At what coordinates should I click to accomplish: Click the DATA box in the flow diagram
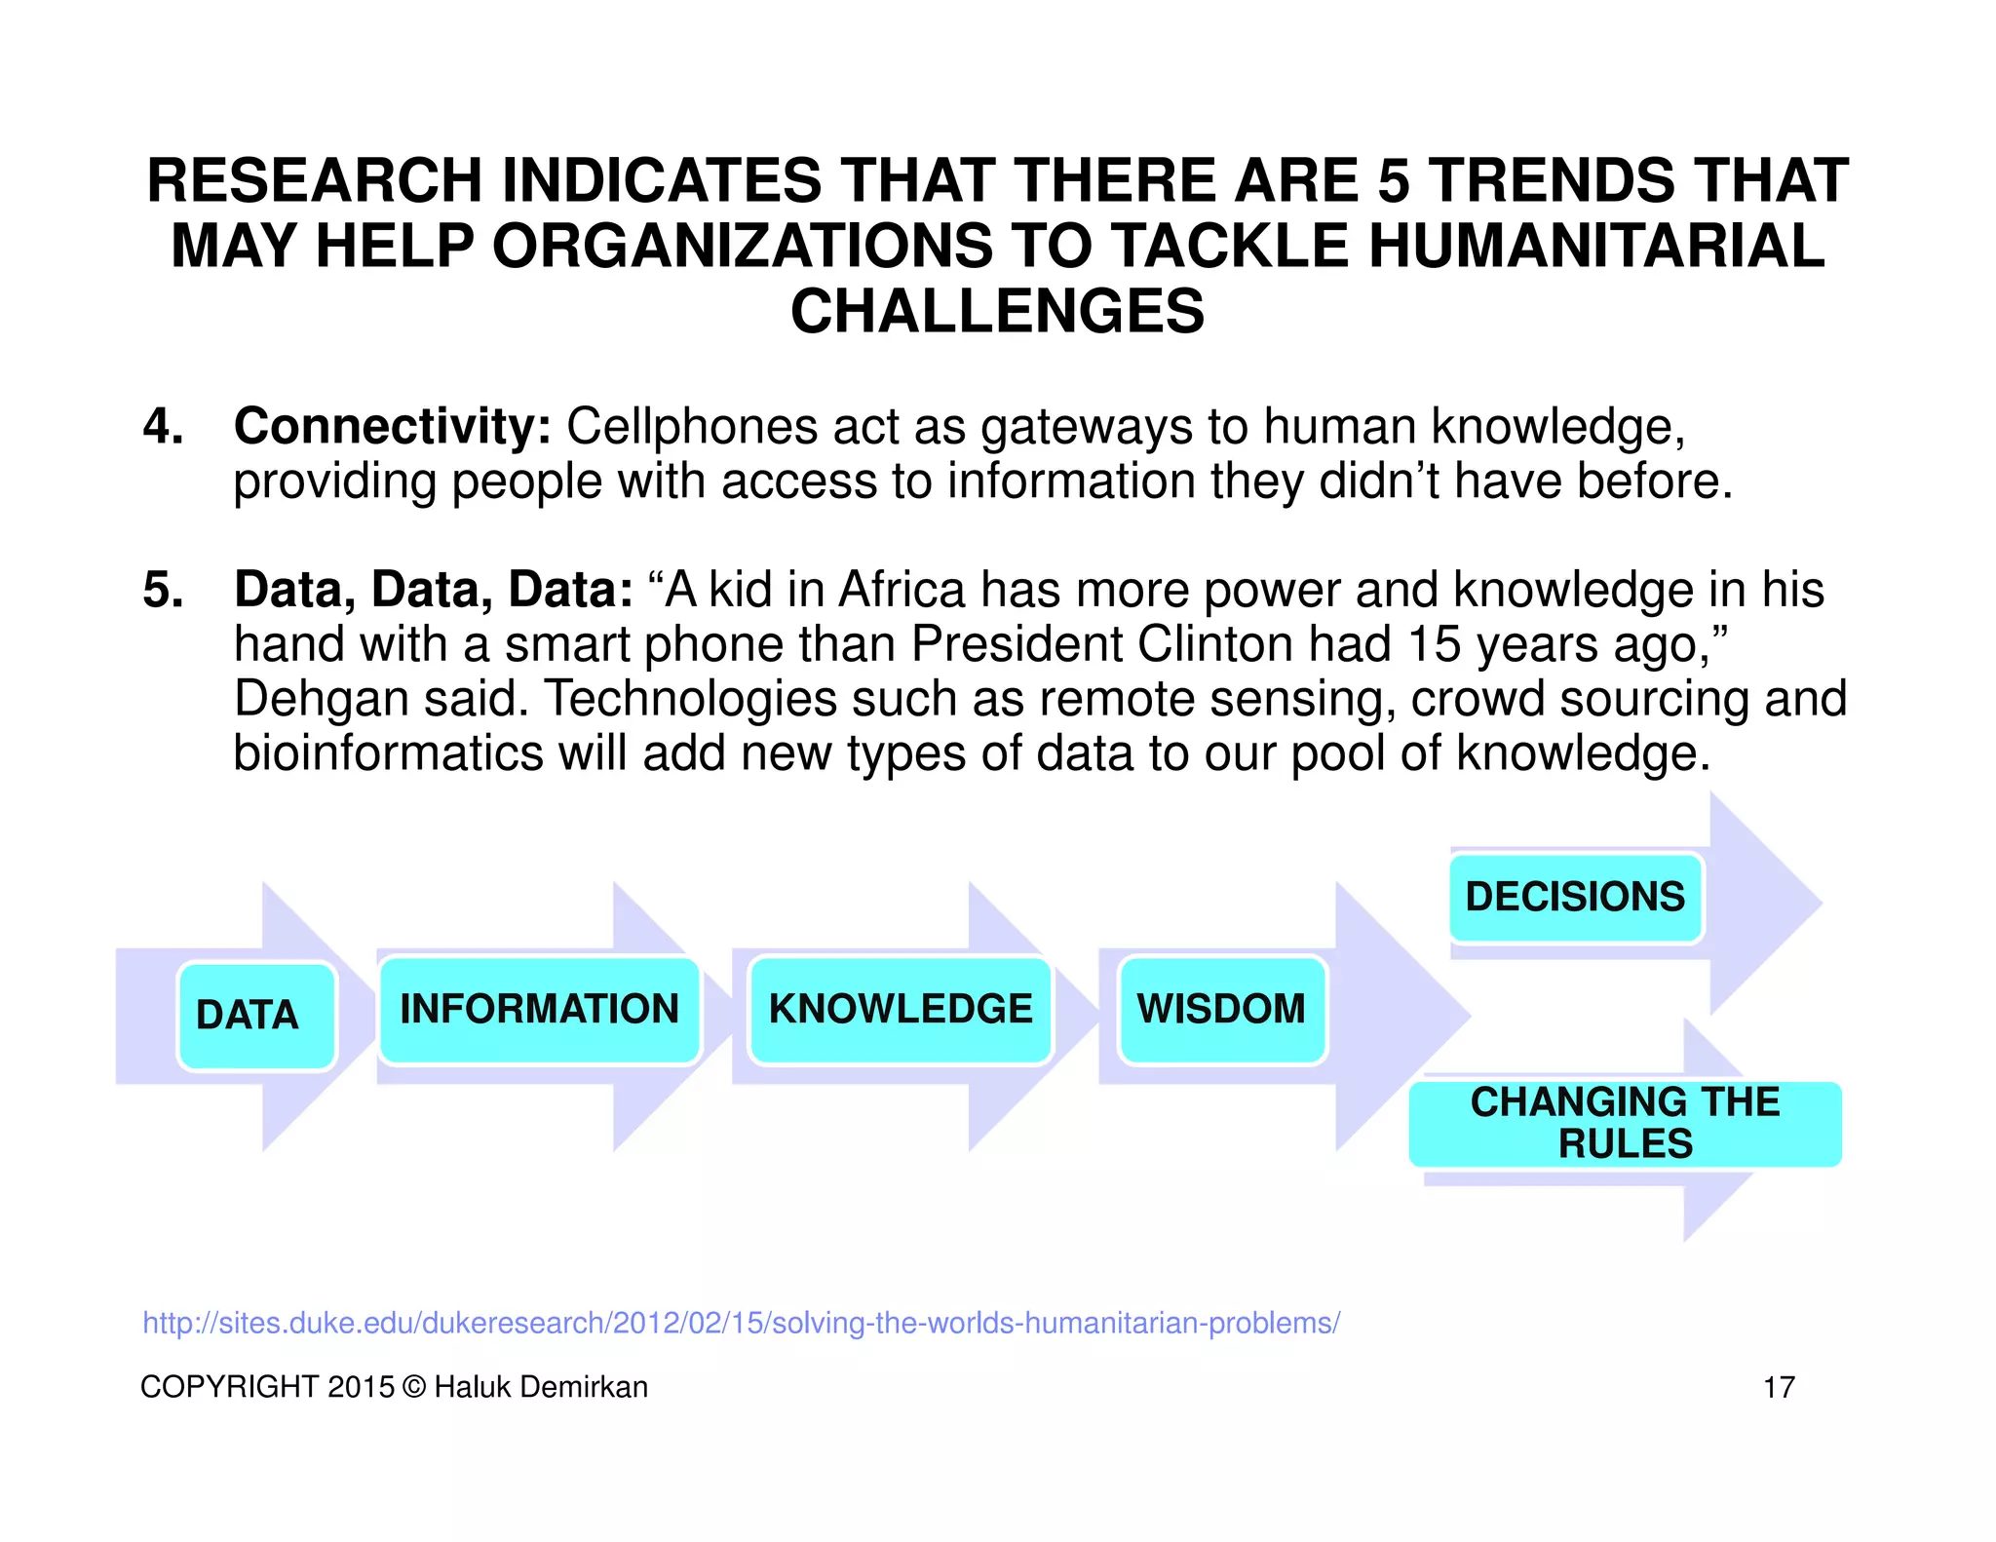tap(256, 1016)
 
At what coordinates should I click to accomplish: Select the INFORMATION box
tap(539, 1010)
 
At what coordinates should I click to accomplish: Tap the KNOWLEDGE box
tap(901, 1010)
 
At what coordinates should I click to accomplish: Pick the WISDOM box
tap(1221, 1010)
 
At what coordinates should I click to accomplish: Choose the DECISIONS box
tap(1575, 897)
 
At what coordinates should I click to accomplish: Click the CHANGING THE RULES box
tap(1625, 1123)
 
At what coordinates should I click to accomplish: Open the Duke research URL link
tap(741, 1323)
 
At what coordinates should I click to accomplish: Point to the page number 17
tap(1779, 1387)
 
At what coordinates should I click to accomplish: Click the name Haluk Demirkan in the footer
tap(541, 1387)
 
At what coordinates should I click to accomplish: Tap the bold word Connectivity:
tap(393, 427)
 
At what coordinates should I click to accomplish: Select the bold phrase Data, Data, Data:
tap(434, 590)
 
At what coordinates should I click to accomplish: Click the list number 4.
tap(163, 427)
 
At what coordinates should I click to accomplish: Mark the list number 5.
tap(163, 590)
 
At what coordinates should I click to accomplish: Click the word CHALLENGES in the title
tap(997, 312)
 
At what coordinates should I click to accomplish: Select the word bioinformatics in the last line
tap(388, 753)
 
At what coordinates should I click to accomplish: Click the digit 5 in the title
tap(1394, 181)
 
